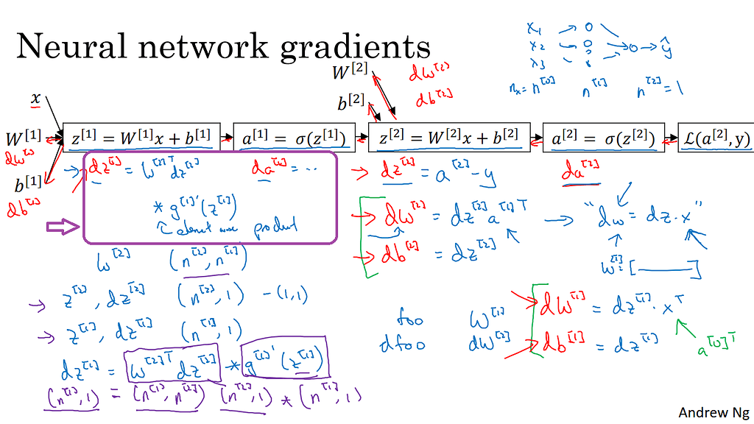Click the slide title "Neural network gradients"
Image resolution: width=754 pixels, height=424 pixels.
pos(223,48)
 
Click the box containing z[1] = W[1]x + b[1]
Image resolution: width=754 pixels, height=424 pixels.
pos(142,137)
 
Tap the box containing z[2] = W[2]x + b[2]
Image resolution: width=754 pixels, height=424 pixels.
pos(449,137)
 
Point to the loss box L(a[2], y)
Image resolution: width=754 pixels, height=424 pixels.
pos(715,137)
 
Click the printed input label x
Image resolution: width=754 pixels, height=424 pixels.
pos(35,98)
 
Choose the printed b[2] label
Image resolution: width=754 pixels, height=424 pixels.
pos(353,102)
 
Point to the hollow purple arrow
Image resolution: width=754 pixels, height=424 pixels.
pos(63,227)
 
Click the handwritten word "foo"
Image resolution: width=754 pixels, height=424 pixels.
pos(409,321)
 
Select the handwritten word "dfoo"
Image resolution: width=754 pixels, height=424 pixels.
pos(404,344)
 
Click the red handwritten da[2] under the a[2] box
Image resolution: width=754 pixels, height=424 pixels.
pos(579,175)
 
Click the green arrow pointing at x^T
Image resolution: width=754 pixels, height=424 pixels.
pos(686,328)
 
